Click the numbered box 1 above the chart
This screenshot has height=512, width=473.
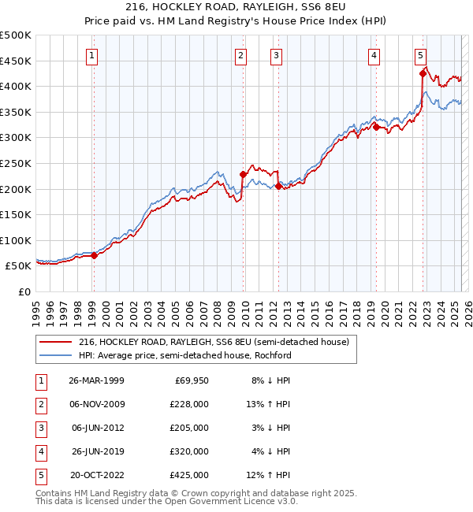93,55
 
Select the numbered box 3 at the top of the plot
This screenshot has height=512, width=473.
277,55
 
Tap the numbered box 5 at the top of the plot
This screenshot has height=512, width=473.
421,55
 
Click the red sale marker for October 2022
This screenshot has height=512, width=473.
423,74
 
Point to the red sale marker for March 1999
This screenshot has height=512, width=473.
94,255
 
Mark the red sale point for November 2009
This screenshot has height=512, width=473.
243,175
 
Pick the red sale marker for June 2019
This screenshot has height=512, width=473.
376,127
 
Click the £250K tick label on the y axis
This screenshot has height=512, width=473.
16,163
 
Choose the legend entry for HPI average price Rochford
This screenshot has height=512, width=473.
184,355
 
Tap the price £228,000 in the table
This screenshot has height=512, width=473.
189,404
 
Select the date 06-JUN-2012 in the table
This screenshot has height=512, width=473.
98,428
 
